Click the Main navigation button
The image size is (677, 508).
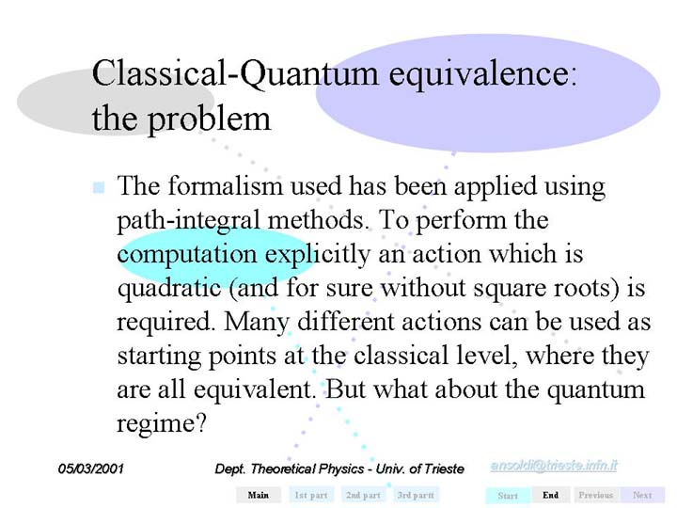tap(259, 495)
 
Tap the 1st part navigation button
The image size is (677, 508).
tap(311, 495)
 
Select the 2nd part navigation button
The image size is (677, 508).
tap(363, 495)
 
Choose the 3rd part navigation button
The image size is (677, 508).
tap(416, 495)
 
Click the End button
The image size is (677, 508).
tap(550, 495)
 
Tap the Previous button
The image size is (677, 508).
tap(596, 495)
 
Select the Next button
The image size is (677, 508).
tap(642, 495)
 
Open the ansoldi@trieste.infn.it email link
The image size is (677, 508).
tap(554, 466)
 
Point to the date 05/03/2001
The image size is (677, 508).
tap(90, 468)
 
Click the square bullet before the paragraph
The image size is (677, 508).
tap(99, 187)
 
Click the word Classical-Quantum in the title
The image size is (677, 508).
tap(235, 73)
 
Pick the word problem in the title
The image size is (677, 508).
tap(209, 119)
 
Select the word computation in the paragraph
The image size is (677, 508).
tap(187, 255)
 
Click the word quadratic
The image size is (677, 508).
tap(169, 288)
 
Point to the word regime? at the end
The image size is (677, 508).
tap(162, 423)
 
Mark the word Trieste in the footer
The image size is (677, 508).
tap(444, 468)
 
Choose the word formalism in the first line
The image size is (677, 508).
tap(225, 185)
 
